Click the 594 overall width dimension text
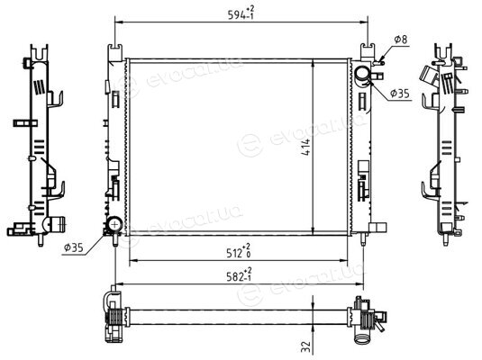(241, 13)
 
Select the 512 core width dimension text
(239, 252)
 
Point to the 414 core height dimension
(306, 147)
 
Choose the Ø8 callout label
(401, 40)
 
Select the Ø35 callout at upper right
(400, 93)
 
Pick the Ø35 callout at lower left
(74, 247)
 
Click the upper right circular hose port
(363, 74)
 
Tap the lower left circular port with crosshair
(115, 224)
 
